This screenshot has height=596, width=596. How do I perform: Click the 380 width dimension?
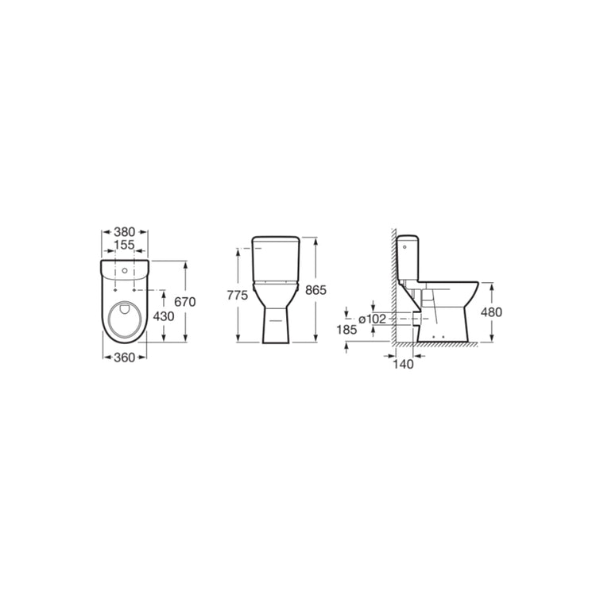point(125,234)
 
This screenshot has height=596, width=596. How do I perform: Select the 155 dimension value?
point(125,246)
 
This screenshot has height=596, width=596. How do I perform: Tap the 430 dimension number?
point(164,315)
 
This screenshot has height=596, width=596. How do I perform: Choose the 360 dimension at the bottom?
point(124,357)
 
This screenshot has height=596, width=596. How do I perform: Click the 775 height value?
point(238,295)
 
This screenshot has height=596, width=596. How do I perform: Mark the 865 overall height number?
point(316,290)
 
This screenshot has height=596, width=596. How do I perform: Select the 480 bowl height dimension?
point(492,312)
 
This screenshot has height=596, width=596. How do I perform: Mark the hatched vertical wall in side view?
point(393,286)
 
